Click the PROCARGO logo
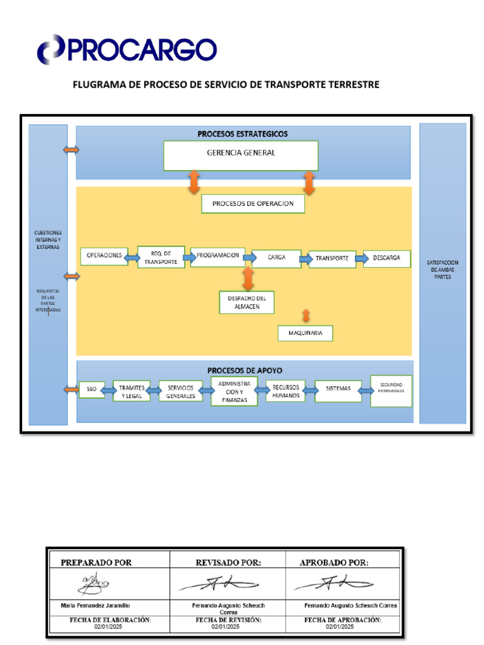point(126,49)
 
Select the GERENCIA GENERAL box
point(241,155)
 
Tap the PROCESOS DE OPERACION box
point(252,204)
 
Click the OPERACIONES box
point(104,256)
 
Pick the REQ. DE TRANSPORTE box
point(161,257)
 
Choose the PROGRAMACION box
point(217,256)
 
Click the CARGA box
point(276,258)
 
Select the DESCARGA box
point(386,258)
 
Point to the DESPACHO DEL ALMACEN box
point(246,302)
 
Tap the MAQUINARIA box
point(305,333)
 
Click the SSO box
point(91,390)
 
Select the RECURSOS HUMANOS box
point(285,391)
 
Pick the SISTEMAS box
point(338,389)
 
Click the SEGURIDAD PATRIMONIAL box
point(391,391)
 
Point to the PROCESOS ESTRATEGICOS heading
point(243,134)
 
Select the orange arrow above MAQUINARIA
point(306,315)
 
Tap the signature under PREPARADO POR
point(93,584)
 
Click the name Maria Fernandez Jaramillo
point(96,605)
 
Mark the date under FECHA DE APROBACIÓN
point(340,627)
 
